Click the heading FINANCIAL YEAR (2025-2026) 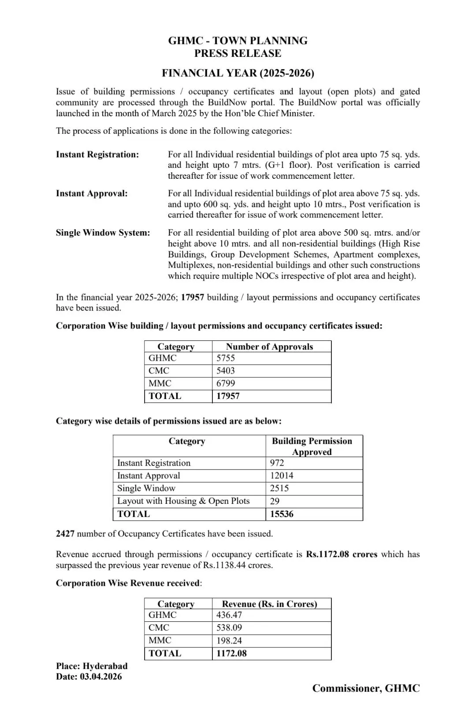click(238, 73)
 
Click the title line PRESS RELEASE click(238, 53)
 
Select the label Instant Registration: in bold click(97, 155)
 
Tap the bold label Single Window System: click(103, 233)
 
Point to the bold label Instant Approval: click(92, 193)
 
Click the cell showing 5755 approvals click(226, 358)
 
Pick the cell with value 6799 click(226, 383)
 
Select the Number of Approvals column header click(269, 347)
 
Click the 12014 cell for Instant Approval click(282, 476)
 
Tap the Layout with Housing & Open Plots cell click(183, 501)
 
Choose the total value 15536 click(282, 514)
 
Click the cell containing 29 click(275, 501)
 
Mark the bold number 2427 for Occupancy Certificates click(65, 534)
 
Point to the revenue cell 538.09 click(229, 628)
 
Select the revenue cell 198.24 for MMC click(229, 640)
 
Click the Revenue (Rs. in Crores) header click(269, 604)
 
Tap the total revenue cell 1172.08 click(231, 653)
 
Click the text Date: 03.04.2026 click(89, 676)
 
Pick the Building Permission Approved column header click(312, 446)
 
